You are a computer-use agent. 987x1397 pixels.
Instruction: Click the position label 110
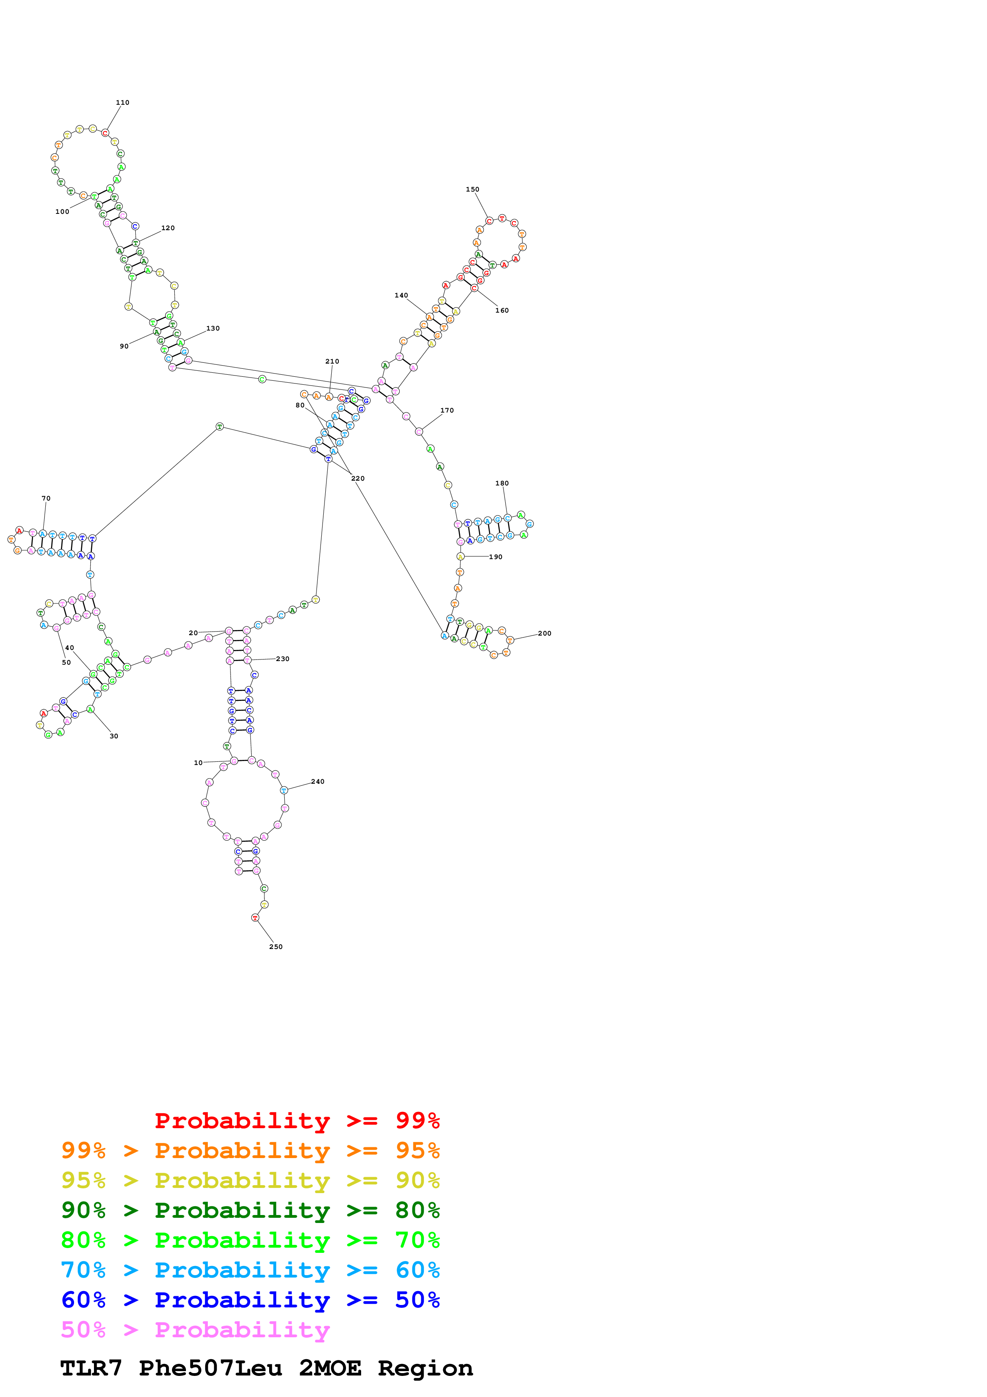coord(122,103)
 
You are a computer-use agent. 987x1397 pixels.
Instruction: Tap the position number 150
coord(473,189)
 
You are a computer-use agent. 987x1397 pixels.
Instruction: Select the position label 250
coord(276,947)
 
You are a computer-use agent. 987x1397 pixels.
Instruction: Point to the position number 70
coord(46,498)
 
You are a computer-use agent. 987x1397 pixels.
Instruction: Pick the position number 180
coord(502,483)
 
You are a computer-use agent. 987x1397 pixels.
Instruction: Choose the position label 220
coord(358,478)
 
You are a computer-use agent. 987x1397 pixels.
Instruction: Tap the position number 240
coord(317,781)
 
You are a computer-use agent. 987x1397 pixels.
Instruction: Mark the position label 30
coord(114,736)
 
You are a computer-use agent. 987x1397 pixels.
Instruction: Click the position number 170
coord(447,410)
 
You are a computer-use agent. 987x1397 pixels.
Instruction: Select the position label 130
coord(213,329)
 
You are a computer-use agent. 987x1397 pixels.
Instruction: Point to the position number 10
coord(198,762)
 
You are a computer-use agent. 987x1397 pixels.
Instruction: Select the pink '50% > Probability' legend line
coord(195,1330)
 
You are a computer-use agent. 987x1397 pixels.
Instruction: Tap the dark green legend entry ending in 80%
coord(250,1210)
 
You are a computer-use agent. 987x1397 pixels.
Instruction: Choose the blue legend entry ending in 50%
coord(250,1300)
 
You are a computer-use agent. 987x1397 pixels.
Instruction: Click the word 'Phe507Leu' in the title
coord(210,1368)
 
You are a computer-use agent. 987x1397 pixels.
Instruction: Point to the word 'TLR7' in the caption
coord(91,1368)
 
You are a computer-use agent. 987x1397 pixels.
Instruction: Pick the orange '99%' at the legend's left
coord(83,1150)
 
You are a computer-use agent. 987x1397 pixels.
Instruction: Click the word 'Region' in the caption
coord(425,1368)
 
